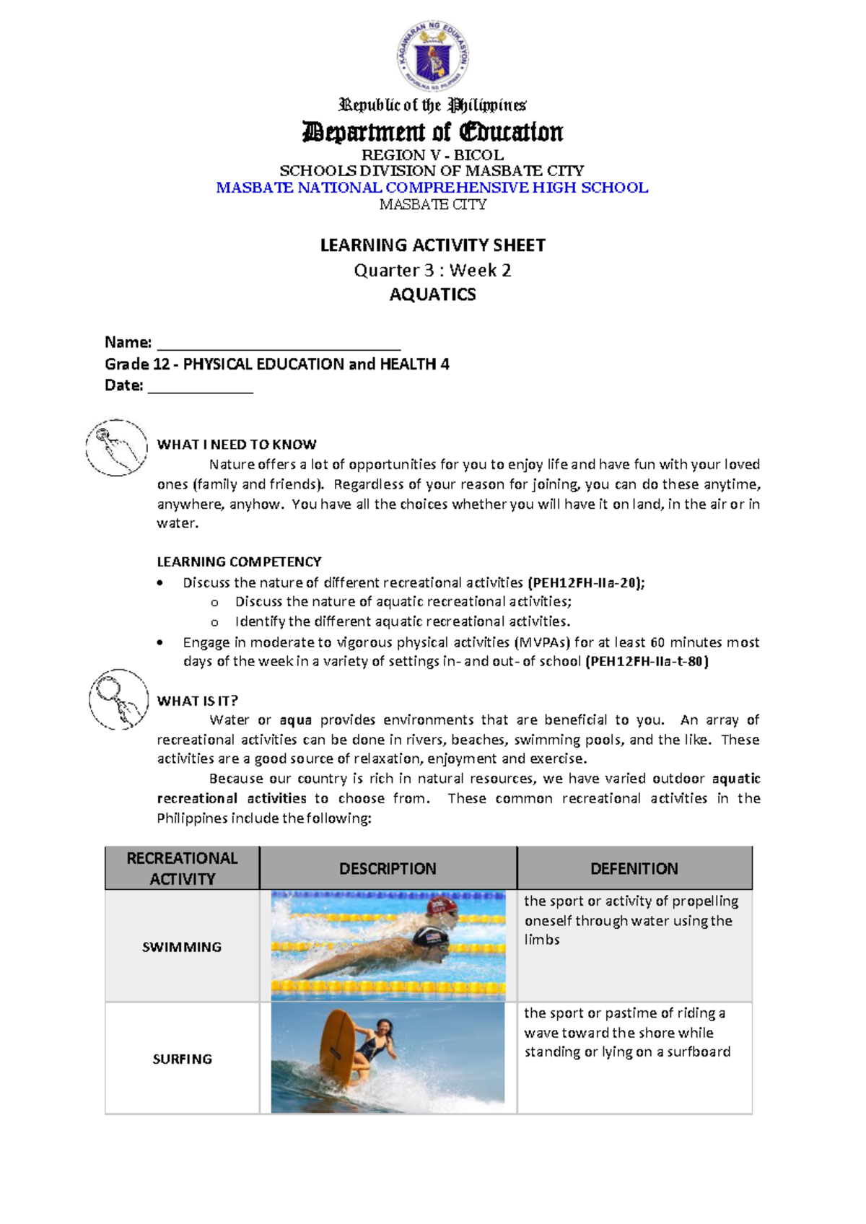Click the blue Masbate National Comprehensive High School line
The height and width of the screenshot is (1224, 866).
click(x=432, y=188)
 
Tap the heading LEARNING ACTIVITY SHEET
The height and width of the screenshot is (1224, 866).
click(x=432, y=245)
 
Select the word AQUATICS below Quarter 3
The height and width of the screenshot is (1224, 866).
click(x=432, y=294)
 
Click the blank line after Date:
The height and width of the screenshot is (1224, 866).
click(x=200, y=388)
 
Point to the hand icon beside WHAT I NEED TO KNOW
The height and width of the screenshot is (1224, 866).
click(x=117, y=447)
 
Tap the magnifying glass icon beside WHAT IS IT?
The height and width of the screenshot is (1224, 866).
click(x=118, y=699)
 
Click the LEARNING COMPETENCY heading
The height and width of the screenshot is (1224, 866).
click(x=239, y=561)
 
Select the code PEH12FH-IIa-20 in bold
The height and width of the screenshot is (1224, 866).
click(x=585, y=582)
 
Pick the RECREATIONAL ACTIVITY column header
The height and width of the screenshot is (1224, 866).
click(x=182, y=868)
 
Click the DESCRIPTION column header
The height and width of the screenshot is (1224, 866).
click(x=388, y=868)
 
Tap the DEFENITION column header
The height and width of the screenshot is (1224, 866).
click(x=634, y=868)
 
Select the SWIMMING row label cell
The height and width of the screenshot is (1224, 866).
click(x=182, y=947)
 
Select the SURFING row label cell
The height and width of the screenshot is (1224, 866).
click(x=182, y=1059)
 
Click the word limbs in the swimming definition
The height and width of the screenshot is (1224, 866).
click(x=541, y=940)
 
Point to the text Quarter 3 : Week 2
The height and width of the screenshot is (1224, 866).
click(x=432, y=270)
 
